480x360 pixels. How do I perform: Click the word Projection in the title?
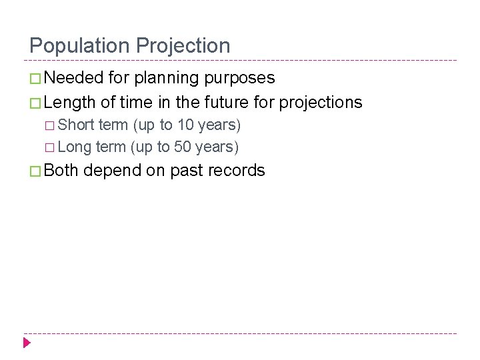183,46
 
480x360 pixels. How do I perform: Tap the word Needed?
75,78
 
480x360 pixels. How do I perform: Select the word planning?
167,79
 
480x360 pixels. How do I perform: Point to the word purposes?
239,79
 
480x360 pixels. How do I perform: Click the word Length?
69,103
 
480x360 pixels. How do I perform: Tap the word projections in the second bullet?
321,103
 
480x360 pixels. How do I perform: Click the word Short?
76,125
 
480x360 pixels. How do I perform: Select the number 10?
185,125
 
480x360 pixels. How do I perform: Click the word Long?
75,147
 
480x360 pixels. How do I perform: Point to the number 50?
183,147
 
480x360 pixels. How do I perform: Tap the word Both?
61,171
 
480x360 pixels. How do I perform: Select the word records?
238,171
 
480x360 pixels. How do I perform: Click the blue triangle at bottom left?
27,343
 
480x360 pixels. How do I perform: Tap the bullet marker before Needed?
36,79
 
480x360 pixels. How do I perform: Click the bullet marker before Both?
36,171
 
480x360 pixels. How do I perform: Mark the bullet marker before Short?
51,126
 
